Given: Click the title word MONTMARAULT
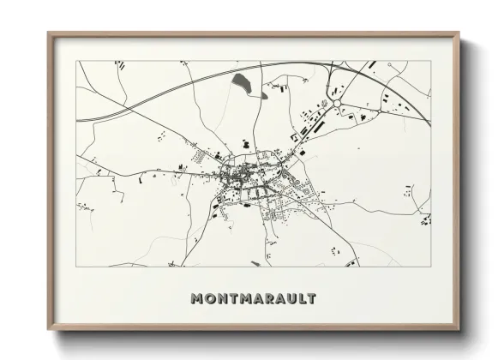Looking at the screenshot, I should click(x=253, y=299).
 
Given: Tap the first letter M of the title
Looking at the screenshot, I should click(x=199, y=299).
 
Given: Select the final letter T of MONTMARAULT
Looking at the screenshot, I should click(x=311, y=299).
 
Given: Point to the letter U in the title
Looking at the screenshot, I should click(x=289, y=299).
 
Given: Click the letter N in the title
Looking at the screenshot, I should click(x=222, y=299).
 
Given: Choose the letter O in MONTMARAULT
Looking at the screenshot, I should click(x=211, y=299).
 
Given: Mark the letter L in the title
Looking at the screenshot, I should click(x=300, y=299).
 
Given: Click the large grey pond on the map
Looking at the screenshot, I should click(x=239, y=82).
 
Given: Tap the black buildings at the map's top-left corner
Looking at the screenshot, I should click(x=120, y=65).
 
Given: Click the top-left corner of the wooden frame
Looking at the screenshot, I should click(x=49, y=34).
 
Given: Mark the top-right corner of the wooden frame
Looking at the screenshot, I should click(x=459, y=34).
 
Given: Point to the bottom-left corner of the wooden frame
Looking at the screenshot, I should click(x=49, y=330).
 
